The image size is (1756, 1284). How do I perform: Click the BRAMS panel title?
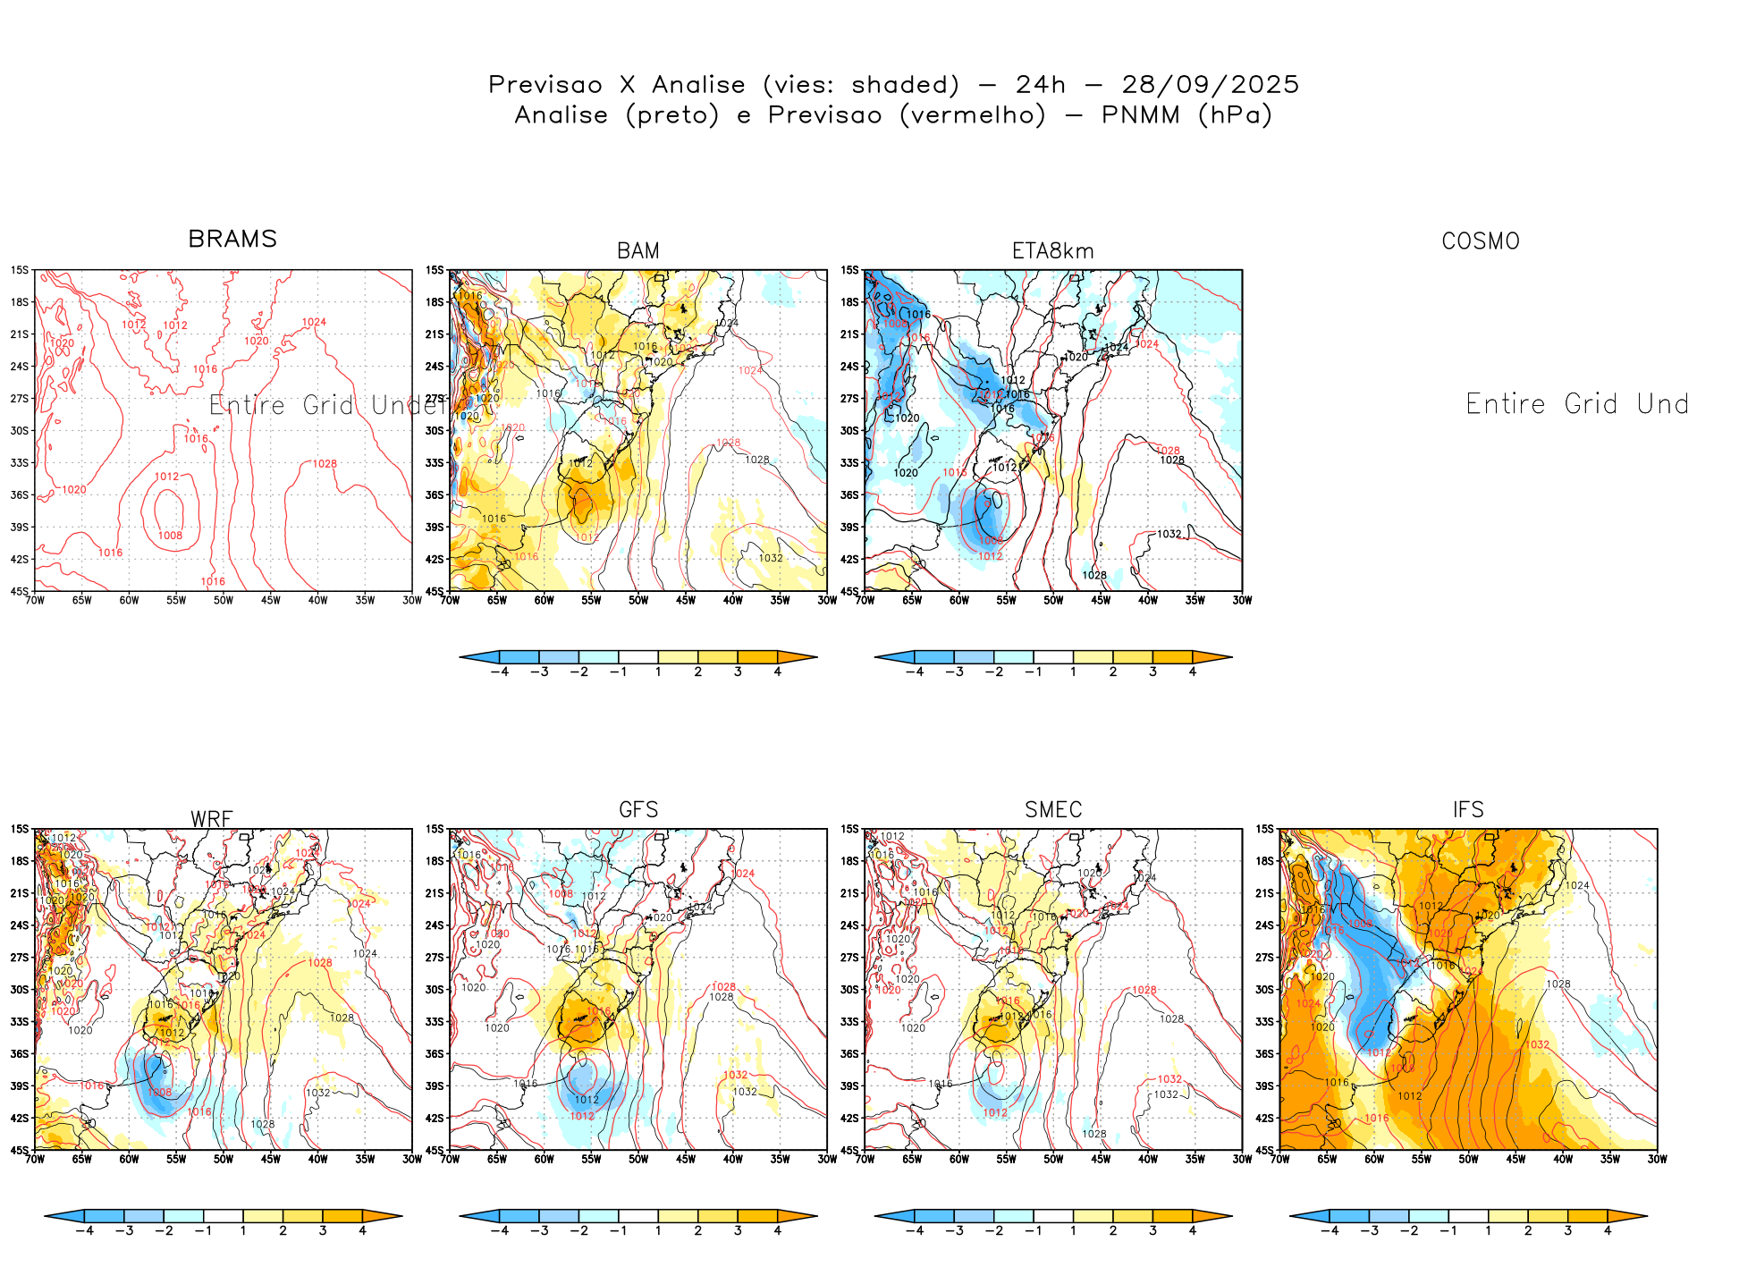232,239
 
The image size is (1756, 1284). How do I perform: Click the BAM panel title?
638,251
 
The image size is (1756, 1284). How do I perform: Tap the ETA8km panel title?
1052,251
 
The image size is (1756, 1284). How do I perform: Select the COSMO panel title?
1481,241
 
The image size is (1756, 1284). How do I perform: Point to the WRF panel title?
212,819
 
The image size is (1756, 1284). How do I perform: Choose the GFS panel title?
638,810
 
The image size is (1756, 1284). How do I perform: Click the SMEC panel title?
1053,810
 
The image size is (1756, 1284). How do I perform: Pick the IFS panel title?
1468,810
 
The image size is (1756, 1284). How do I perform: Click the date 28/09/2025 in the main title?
1210,85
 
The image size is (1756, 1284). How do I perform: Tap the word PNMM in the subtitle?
1141,115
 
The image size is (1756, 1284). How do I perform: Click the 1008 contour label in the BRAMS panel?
170,536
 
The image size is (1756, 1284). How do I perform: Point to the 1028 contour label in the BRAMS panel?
325,464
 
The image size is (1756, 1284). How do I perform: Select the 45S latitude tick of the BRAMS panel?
19,591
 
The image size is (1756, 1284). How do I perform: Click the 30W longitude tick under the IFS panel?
1657,1159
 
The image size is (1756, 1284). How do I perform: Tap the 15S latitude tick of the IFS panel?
1264,829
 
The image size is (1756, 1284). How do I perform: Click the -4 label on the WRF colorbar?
84,1230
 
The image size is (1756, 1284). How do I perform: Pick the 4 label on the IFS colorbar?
1608,1230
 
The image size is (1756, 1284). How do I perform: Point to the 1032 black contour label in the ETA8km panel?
1169,534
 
